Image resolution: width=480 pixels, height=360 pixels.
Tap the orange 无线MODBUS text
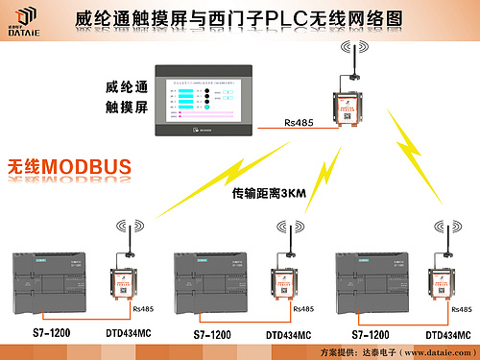69,167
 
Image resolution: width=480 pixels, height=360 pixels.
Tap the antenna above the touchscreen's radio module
349,62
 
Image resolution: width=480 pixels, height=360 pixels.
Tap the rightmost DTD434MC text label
447,335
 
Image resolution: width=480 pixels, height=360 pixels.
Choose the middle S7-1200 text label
212,335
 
